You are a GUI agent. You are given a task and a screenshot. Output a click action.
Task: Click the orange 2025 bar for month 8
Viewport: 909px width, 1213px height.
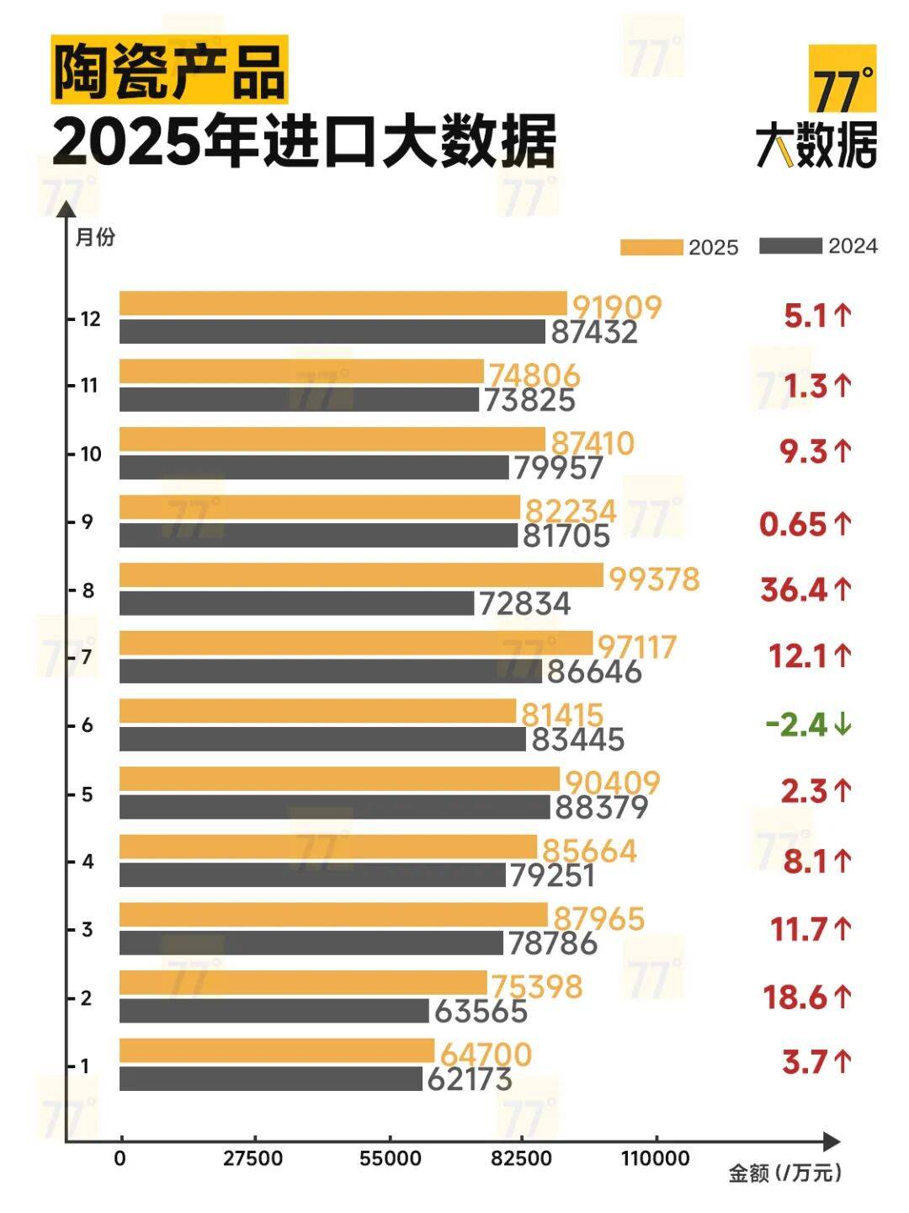click(361, 575)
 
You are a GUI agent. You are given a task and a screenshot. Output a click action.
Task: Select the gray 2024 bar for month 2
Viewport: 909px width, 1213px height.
click(274, 1011)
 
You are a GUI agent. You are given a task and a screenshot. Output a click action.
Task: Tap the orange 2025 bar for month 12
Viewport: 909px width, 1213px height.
click(343, 303)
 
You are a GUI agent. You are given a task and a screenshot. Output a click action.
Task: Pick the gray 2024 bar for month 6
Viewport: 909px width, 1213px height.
click(322, 739)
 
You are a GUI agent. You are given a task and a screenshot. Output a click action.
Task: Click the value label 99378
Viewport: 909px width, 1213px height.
click(654, 579)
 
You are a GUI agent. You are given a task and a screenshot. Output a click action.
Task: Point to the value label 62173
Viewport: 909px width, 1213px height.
click(470, 1079)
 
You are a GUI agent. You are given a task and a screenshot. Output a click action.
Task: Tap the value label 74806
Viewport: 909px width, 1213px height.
click(534, 375)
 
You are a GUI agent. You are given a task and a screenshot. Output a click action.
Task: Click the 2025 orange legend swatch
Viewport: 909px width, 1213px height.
click(651, 247)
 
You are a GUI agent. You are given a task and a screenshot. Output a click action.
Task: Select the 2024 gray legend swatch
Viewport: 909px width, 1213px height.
click(790, 246)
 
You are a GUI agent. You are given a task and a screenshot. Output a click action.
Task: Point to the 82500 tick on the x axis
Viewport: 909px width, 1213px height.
click(522, 1159)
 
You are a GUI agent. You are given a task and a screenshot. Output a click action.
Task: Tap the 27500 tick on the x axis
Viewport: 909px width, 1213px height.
click(252, 1159)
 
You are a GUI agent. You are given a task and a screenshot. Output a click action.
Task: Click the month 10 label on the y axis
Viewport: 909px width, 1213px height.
click(90, 454)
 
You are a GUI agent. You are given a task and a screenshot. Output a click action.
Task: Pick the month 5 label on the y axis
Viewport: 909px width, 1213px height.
click(87, 794)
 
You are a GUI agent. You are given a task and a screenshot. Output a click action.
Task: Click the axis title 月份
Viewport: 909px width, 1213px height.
click(95, 238)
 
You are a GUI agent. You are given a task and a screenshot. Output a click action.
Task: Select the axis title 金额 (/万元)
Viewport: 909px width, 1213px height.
click(784, 1173)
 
